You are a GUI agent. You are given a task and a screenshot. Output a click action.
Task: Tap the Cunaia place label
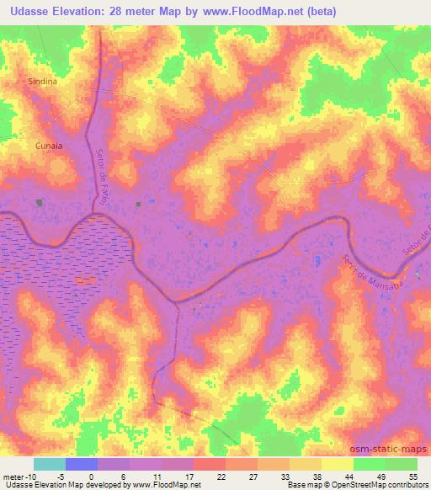pyautogui.click(x=49, y=146)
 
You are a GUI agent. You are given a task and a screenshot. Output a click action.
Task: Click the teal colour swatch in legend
pyautogui.click(x=49, y=464)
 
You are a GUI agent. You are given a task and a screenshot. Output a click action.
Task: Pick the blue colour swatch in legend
pyautogui.click(x=81, y=464)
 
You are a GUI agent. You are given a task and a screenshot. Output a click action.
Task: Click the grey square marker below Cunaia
pyautogui.click(x=40, y=202)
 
